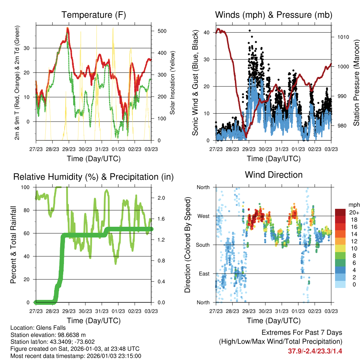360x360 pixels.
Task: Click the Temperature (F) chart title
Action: [x=94, y=15]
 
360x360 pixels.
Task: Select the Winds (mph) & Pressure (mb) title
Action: [x=274, y=15]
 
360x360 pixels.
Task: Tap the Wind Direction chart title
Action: [x=274, y=174]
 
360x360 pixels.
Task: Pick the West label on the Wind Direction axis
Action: [x=203, y=216]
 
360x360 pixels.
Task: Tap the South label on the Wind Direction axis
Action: [x=202, y=245]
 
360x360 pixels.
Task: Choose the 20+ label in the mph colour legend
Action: [x=354, y=212]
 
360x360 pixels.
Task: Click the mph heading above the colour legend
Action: [x=353, y=205]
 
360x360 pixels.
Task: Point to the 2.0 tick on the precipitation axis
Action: [x=160, y=198]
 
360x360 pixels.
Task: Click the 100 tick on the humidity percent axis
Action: [x=28, y=187]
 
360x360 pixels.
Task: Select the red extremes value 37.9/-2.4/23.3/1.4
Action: [x=315, y=351]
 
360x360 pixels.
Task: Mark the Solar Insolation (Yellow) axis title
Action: [x=172, y=83]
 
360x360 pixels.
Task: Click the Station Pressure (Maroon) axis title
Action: [x=356, y=83]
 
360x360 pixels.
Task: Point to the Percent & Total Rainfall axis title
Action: [x=13, y=245]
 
